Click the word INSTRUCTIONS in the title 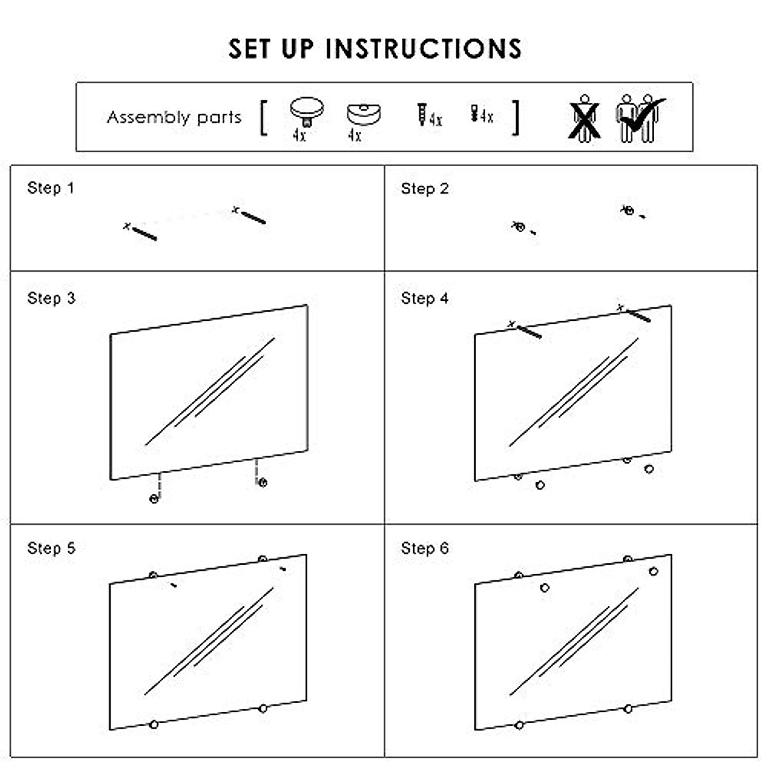pos(423,49)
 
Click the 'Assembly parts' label pos(174,118)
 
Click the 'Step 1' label pos(50,188)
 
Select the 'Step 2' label pos(424,189)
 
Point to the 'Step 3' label pos(50,298)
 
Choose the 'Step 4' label pos(424,298)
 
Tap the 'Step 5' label pos(50,548)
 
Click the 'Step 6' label pos(424,548)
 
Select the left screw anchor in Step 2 pos(520,227)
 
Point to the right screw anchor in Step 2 pos(629,210)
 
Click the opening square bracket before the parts pos(263,118)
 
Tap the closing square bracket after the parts pos(515,118)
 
